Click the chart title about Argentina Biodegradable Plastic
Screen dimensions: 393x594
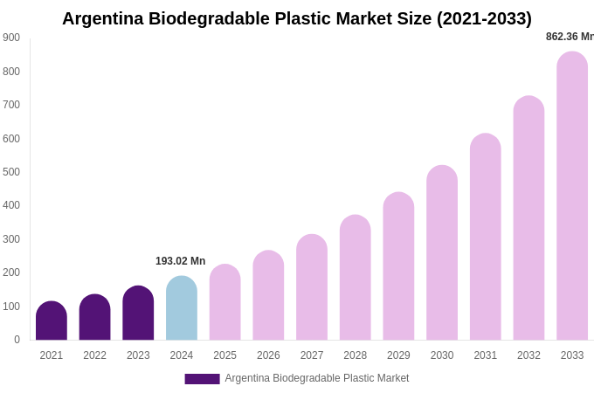296,18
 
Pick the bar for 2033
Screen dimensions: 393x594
572,196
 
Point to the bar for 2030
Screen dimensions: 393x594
442,253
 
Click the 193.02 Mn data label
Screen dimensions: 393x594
180,261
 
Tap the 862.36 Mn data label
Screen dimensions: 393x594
570,37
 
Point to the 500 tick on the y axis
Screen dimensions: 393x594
11,172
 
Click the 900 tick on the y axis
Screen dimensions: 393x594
11,38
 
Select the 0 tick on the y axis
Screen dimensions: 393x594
17,340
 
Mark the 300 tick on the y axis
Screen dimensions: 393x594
11,239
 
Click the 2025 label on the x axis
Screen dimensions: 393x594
224,355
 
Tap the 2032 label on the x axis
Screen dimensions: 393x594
528,355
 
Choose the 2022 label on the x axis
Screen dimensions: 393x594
94,355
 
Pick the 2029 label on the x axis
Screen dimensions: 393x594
398,355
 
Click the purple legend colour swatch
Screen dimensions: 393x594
202,379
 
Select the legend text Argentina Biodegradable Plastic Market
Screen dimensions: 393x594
317,378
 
